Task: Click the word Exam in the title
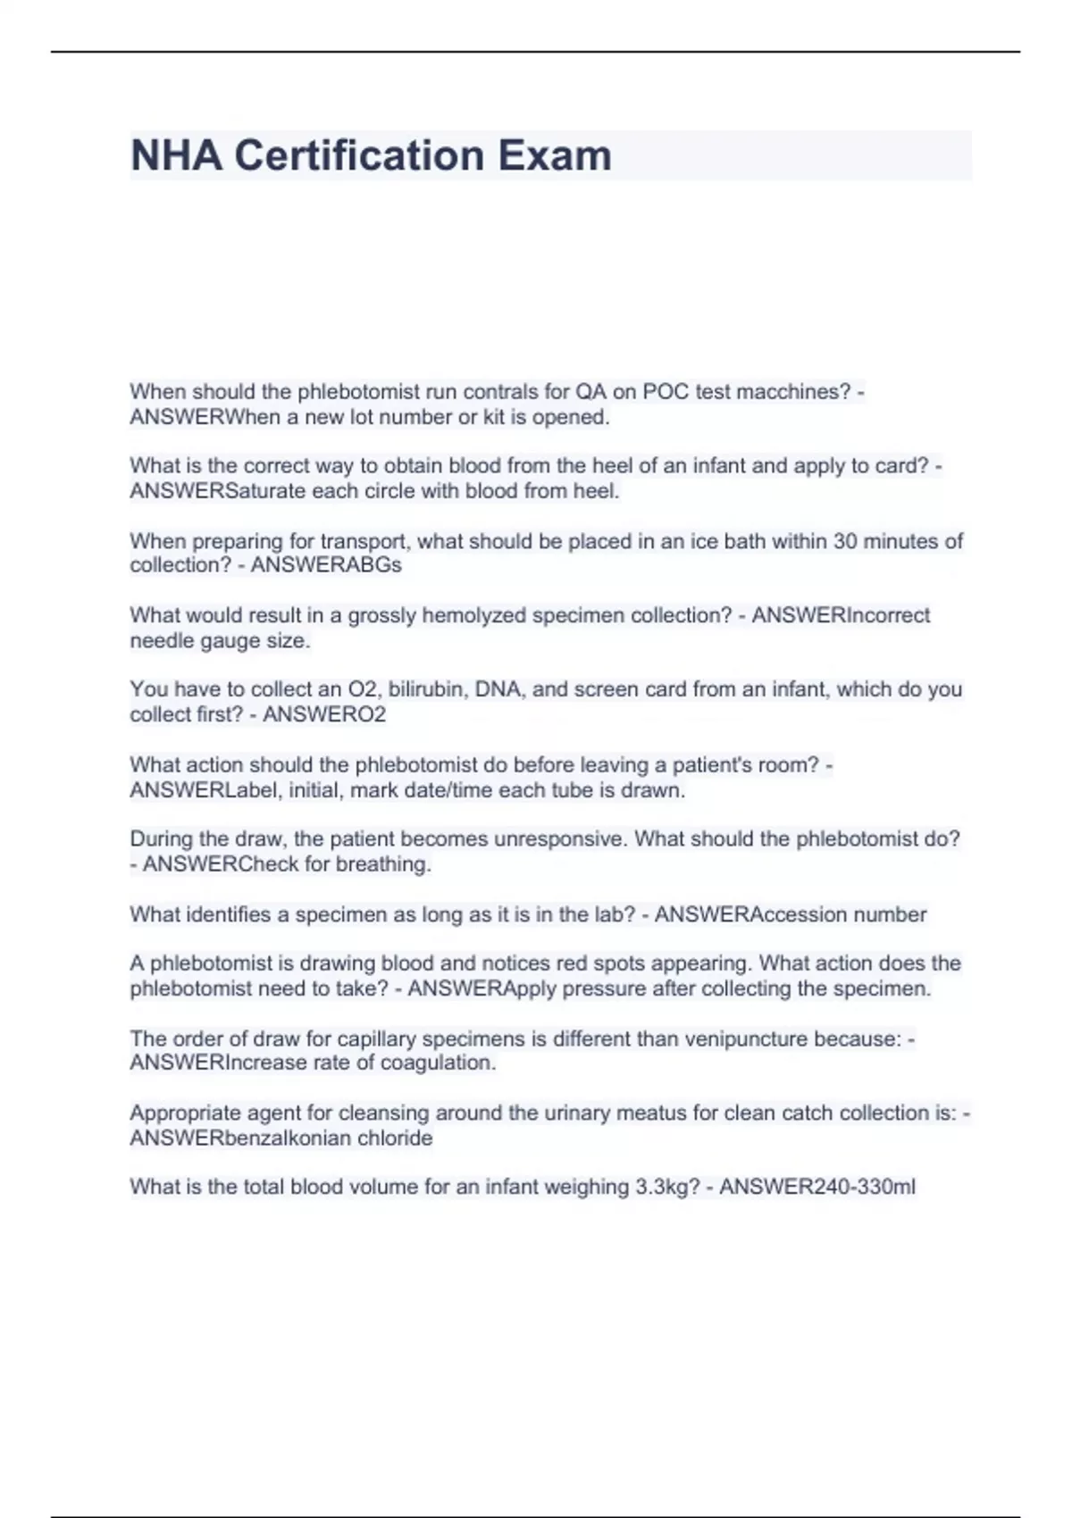[555, 155]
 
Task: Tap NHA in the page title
[176, 155]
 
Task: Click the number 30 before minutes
[844, 541]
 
